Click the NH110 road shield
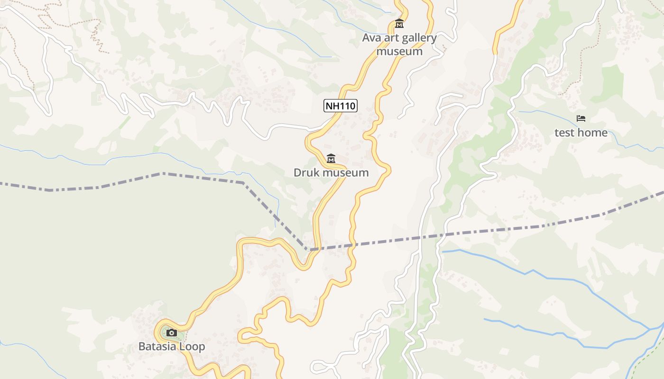pos(341,106)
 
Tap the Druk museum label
pos(331,172)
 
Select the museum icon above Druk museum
pos(331,158)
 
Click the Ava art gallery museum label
pos(399,45)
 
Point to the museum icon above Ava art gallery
pos(399,23)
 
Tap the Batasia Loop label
pos(172,346)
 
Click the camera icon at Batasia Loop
pos(172,333)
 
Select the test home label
pos(581,133)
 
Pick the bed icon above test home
pos(581,118)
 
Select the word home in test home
pos(592,133)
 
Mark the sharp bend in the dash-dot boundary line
pos(307,249)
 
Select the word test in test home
pos(564,133)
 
